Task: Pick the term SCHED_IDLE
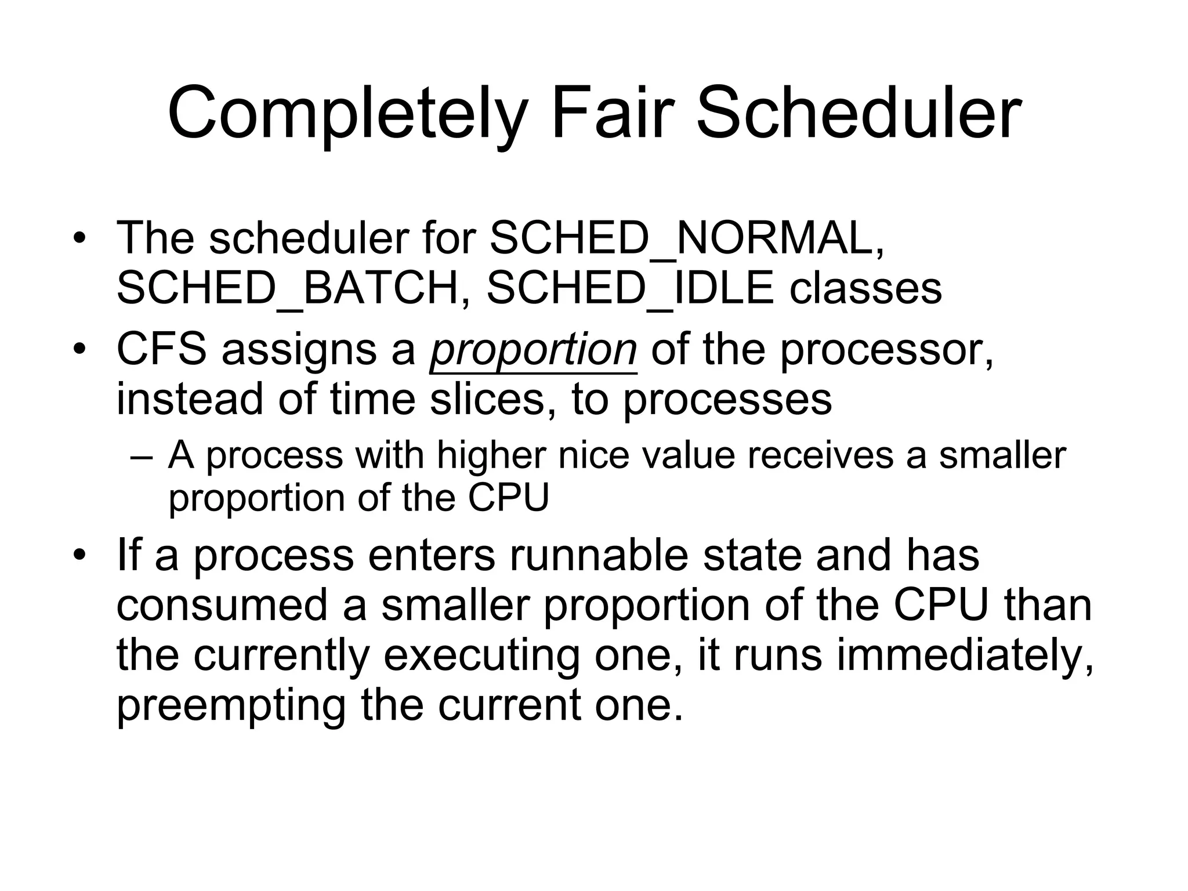click(630, 288)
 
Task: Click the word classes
click(865, 288)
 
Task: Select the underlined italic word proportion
click(533, 350)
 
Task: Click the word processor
click(886, 350)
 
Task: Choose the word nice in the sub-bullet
click(593, 455)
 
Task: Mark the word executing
click(481, 656)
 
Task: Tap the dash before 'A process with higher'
click(142, 457)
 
